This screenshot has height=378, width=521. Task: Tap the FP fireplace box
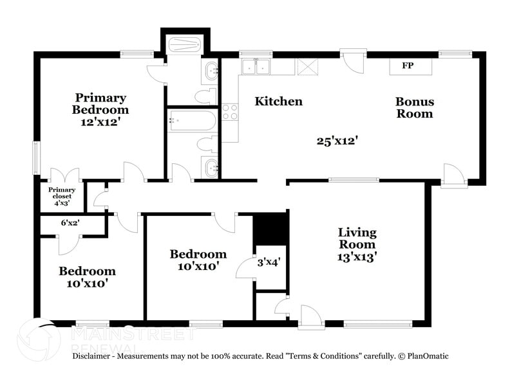[407, 66]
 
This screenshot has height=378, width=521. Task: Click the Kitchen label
[278, 102]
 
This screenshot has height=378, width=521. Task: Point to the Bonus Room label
[414, 107]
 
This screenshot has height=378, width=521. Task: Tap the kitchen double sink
[256, 66]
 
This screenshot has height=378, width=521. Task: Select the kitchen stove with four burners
[230, 112]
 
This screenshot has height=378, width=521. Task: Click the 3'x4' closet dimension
[269, 262]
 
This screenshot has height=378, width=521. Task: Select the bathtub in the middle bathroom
[193, 120]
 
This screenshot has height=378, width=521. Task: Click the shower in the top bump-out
[185, 46]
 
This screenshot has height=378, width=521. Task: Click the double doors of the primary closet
[64, 176]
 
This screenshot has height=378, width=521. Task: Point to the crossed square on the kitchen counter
[306, 66]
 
